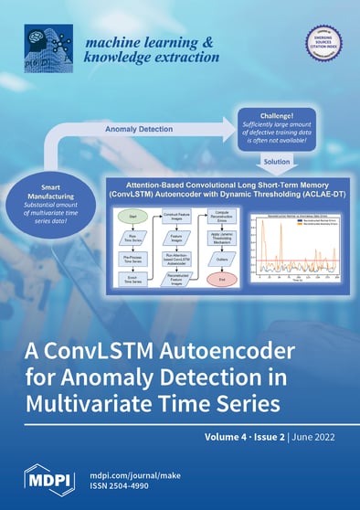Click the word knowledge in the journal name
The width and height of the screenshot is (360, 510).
[x=117, y=57]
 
